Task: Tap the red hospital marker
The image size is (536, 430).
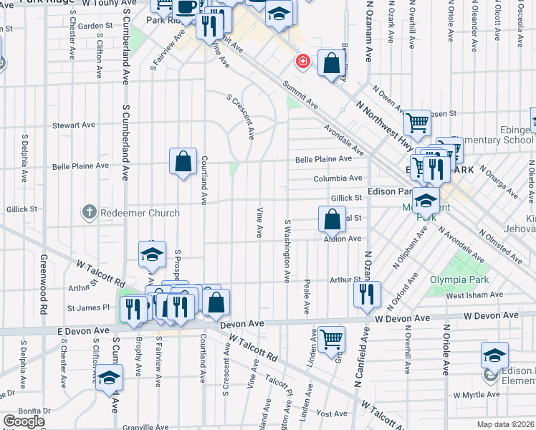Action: [x=304, y=62]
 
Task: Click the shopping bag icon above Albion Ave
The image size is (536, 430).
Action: [x=332, y=219]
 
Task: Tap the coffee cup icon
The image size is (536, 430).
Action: [x=186, y=7]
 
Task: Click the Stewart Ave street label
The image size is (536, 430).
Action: [x=74, y=125]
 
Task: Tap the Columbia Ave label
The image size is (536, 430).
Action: [x=338, y=178]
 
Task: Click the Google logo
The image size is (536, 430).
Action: [x=23, y=421]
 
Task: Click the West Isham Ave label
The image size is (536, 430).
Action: [x=466, y=295]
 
